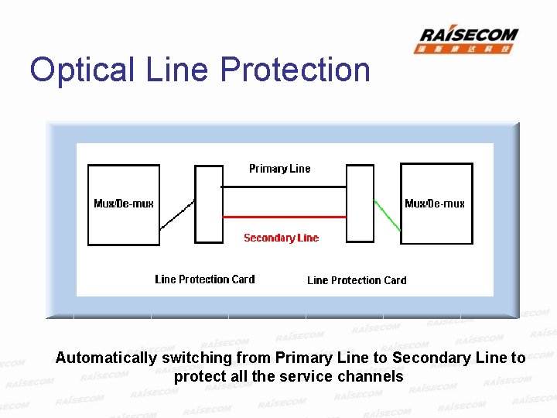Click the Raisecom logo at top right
click(x=468, y=39)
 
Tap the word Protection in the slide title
click(x=295, y=70)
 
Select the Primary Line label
click(x=279, y=169)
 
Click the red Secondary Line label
click(x=281, y=238)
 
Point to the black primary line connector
click(x=284, y=187)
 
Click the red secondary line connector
click(x=284, y=217)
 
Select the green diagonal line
click(x=388, y=215)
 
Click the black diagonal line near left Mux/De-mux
click(x=177, y=215)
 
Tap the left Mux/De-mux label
click(x=124, y=204)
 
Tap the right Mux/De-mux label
click(x=435, y=204)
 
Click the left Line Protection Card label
click(x=204, y=279)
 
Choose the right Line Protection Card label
click(x=357, y=280)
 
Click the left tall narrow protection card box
click(x=209, y=204)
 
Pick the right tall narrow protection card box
click(x=360, y=204)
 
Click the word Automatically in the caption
click(x=105, y=358)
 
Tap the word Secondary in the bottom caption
click(x=429, y=358)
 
